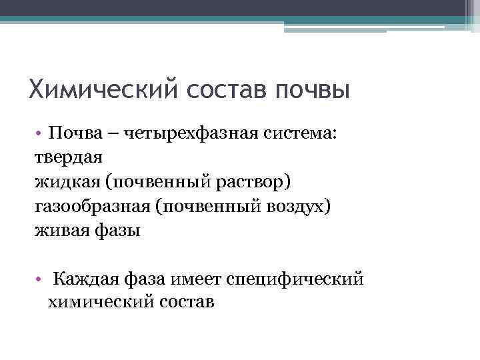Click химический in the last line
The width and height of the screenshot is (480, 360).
99,302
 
